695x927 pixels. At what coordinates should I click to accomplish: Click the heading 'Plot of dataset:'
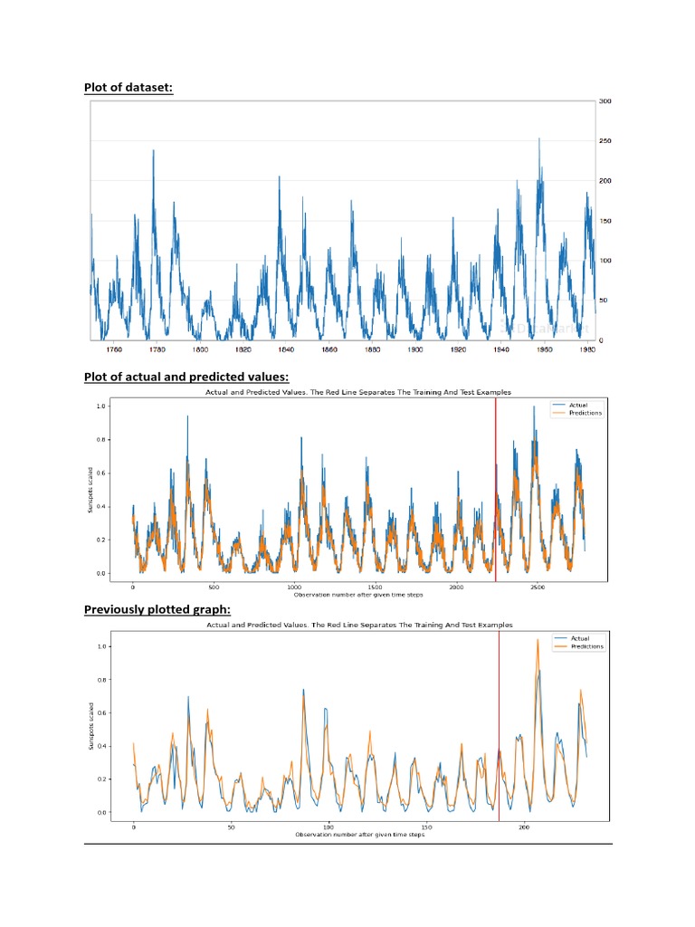click(129, 87)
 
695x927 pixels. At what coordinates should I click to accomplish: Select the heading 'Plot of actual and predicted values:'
click(186, 377)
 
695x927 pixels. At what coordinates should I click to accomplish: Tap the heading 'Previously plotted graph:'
click(157, 609)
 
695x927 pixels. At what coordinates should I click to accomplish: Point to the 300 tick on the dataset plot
click(605, 101)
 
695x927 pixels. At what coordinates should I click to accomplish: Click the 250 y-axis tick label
click(605, 141)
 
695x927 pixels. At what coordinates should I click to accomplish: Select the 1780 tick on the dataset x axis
click(157, 349)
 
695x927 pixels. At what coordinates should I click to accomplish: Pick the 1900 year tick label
click(415, 349)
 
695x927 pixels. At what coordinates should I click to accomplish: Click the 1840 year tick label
click(286, 349)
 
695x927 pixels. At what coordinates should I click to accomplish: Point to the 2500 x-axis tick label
click(537, 587)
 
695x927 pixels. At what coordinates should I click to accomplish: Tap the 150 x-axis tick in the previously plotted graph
click(426, 827)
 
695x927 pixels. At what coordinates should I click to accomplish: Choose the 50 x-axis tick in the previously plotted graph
click(231, 827)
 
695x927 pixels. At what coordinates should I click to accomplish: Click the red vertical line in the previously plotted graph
click(499, 724)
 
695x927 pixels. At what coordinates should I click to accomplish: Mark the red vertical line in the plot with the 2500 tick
click(496, 489)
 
